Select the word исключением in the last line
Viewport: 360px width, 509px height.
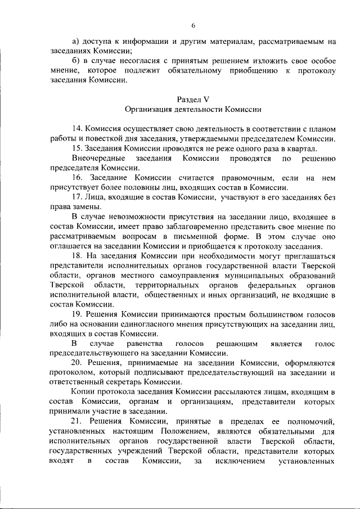pyautogui.click(x=226, y=461)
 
